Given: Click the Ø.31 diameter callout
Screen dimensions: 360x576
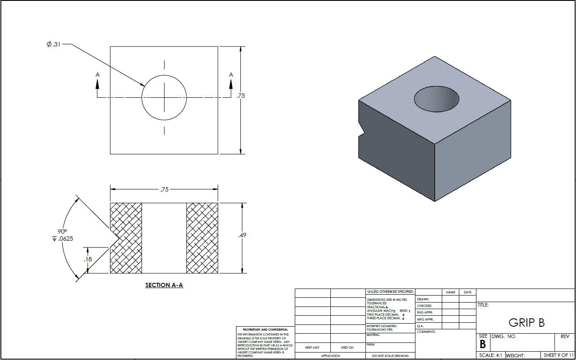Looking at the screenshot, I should click(54, 44).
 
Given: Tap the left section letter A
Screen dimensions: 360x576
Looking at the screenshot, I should click(97, 75).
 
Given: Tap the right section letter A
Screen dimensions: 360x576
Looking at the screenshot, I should click(231, 75).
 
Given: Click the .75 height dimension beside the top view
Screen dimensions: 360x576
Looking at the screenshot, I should click(240, 96).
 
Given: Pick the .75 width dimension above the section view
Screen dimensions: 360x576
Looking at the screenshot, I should click(164, 189).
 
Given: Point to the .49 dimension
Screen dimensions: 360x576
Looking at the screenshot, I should click(242, 235).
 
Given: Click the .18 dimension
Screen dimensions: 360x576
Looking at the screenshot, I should click(88, 259).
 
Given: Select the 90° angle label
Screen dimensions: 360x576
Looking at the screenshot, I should click(62, 232).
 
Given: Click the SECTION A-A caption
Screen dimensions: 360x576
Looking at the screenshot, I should click(164, 285).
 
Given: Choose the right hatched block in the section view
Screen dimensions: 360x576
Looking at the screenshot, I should click(202, 238).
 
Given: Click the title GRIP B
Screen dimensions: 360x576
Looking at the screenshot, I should click(526, 323).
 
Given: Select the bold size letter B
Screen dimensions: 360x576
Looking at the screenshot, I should click(483, 345).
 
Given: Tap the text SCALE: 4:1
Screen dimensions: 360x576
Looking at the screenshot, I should click(490, 355).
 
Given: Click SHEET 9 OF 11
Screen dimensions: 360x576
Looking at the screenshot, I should click(558, 355).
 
